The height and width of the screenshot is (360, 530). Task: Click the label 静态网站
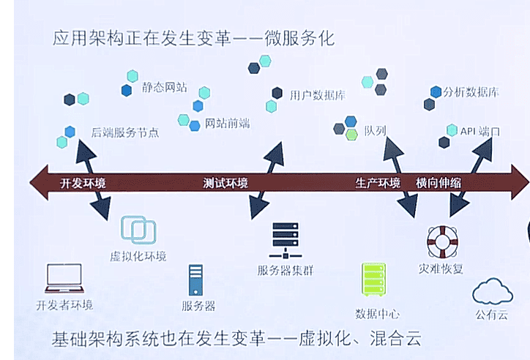[x=165, y=88]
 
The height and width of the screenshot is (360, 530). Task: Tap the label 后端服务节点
[x=125, y=133]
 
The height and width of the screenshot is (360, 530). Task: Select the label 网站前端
[x=227, y=123]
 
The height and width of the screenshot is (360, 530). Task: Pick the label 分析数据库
[x=471, y=93]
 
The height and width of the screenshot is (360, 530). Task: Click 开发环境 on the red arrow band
[x=83, y=183]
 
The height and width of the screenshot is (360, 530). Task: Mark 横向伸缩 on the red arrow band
[x=438, y=183]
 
